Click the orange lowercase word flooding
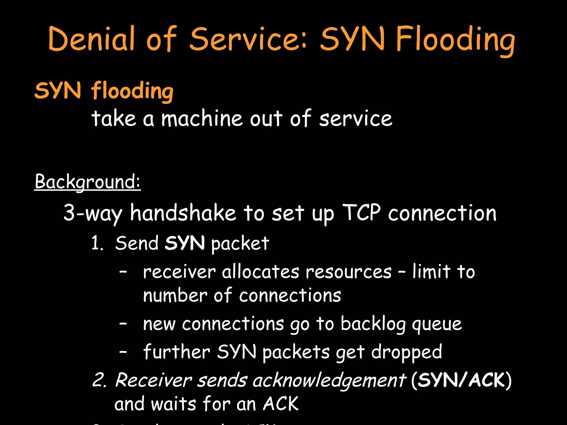(132, 91)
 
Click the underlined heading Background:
(87, 182)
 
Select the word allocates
(261, 272)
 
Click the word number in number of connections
(175, 296)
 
